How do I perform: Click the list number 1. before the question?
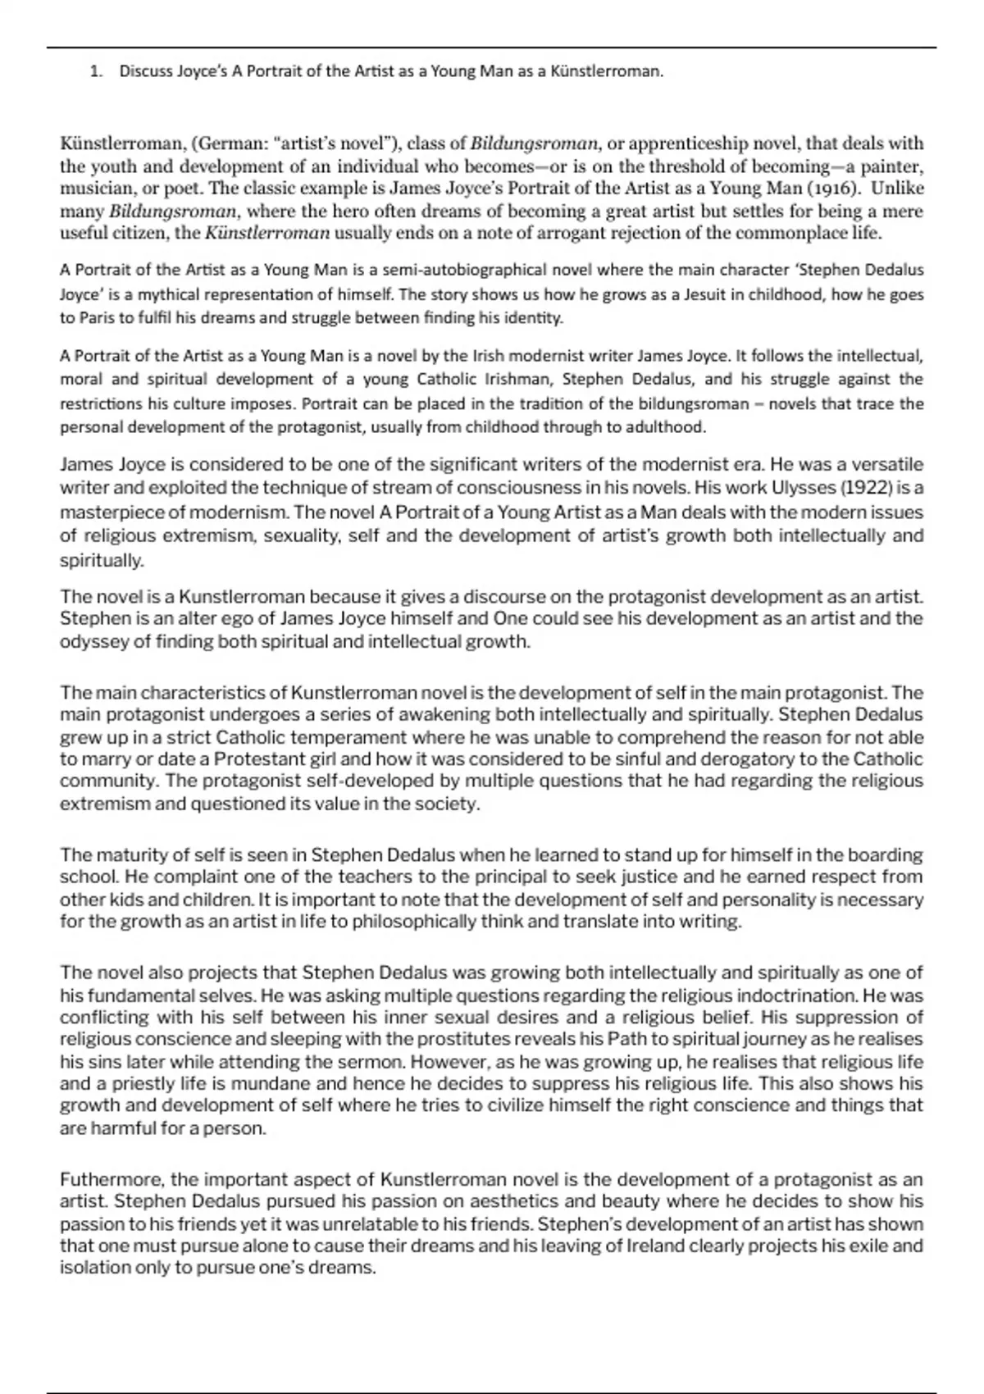pos(96,71)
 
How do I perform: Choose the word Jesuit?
pos(709,294)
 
